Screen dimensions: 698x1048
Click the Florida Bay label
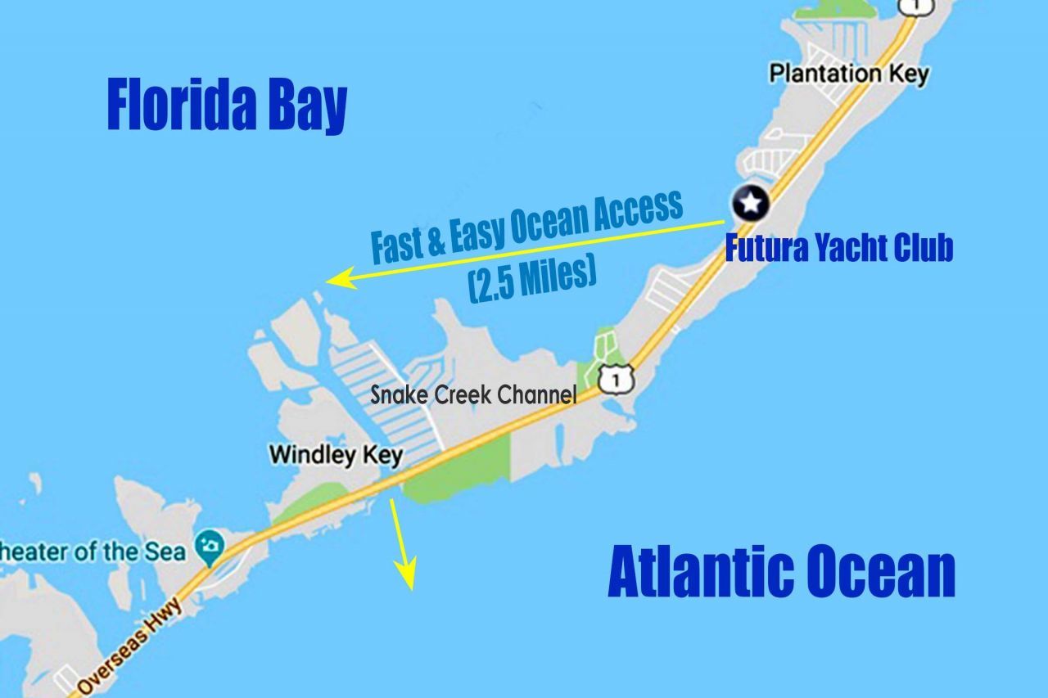click(228, 106)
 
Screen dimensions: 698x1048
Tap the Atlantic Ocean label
click(782, 574)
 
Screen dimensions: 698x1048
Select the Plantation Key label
click(849, 74)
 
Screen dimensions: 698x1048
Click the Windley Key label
click(336, 454)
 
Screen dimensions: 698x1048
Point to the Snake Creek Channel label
click(473, 394)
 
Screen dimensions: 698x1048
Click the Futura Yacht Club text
click(839, 248)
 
